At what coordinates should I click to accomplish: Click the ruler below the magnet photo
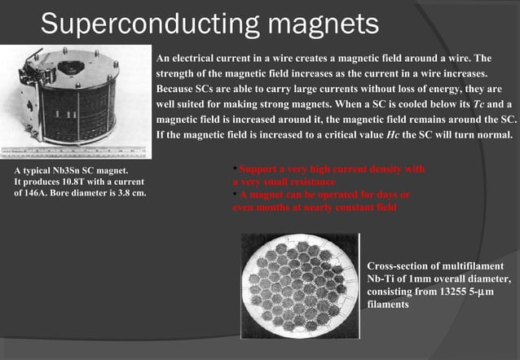74,152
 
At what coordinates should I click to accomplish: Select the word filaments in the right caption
388,304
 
